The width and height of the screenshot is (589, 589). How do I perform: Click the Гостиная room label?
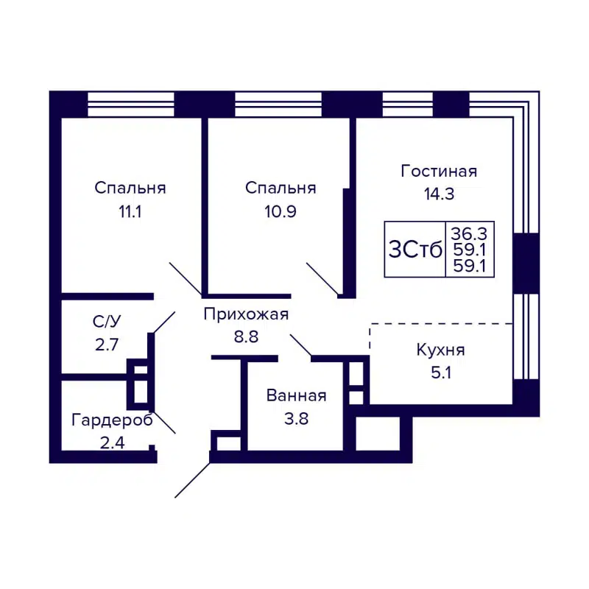click(439, 172)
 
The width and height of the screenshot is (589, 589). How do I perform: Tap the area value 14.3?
click(439, 195)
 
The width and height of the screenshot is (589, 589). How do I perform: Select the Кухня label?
click(440, 350)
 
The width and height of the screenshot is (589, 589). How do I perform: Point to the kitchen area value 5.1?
click(440, 373)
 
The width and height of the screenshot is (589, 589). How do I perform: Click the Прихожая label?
click(246, 315)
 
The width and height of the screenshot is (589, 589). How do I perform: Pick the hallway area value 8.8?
click(246, 338)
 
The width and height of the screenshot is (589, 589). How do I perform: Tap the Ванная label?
click(296, 396)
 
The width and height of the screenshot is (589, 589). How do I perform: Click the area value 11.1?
click(130, 211)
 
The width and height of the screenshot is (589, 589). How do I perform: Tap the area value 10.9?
click(281, 211)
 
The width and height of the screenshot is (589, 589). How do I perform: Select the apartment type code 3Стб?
click(415, 250)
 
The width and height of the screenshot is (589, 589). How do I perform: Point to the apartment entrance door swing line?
click(193, 479)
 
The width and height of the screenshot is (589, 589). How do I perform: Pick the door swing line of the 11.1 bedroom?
click(186, 278)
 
